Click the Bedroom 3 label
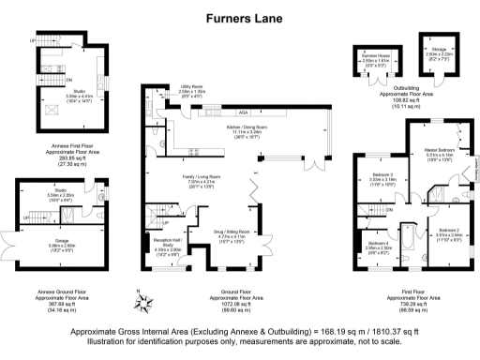click(382, 174)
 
